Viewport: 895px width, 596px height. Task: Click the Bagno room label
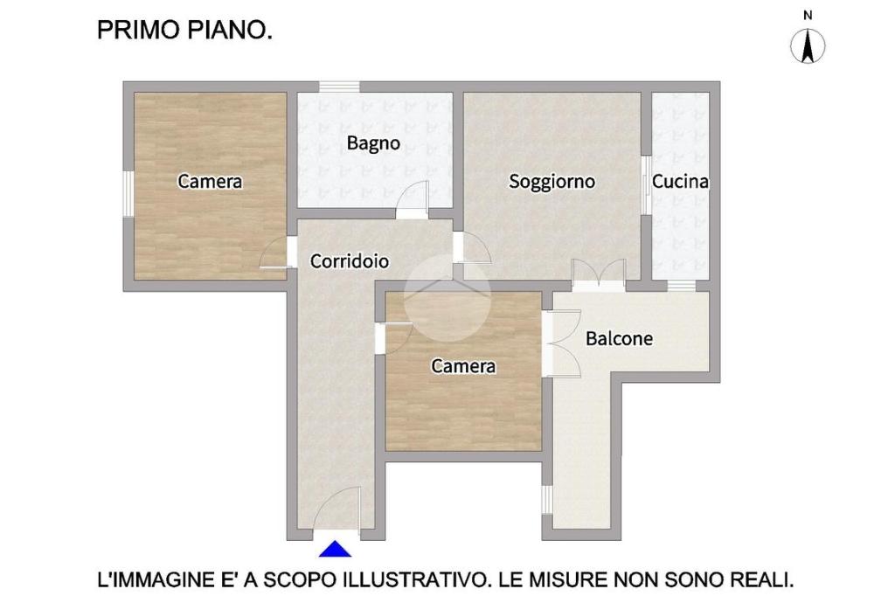point(373,142)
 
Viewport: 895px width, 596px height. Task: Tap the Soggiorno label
point(552,182)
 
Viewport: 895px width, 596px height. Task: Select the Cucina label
point(680,182)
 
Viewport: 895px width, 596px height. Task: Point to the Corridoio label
point(350,261)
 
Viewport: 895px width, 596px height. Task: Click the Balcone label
point(620,338)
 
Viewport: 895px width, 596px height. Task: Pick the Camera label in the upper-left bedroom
point(210,182)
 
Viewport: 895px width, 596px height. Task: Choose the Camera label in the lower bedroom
point(463,366)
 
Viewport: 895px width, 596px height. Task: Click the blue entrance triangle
point(335,549)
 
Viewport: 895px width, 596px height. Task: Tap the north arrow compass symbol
point(808,46)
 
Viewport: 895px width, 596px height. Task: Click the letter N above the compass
point(808,16)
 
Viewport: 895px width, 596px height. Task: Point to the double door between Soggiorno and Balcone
point(599,275)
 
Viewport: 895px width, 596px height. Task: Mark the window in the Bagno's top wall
point(339,87)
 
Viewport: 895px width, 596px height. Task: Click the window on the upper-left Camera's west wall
point(128,193)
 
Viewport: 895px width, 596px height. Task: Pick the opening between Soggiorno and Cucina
point(646,185)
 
